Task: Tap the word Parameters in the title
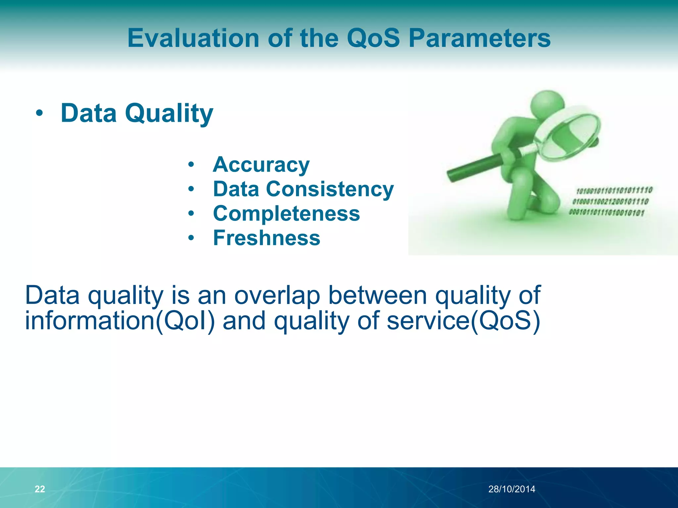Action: coord(479,38)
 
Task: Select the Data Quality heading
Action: coord(137,113)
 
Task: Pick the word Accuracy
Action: coord(261,164)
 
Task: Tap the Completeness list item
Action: coord(286,213)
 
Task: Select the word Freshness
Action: coord(266,238)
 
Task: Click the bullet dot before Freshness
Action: coord(191,238)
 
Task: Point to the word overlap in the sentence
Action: coord(277,295)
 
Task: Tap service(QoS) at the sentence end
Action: coord(463,320)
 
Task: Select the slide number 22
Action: coord(40,489)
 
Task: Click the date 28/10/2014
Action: coord(511,489)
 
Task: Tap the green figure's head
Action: coord(547,103)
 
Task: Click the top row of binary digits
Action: coord(614,190)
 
